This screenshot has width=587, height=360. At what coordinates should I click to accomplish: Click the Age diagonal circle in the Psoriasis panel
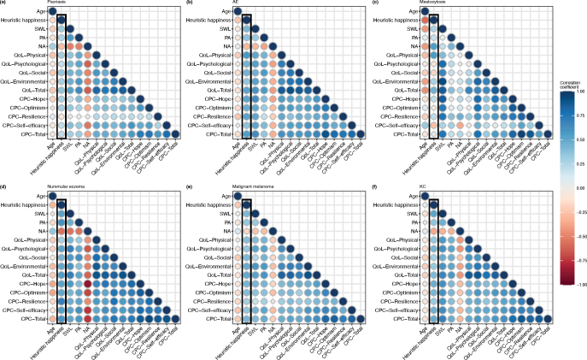click(51, 11)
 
